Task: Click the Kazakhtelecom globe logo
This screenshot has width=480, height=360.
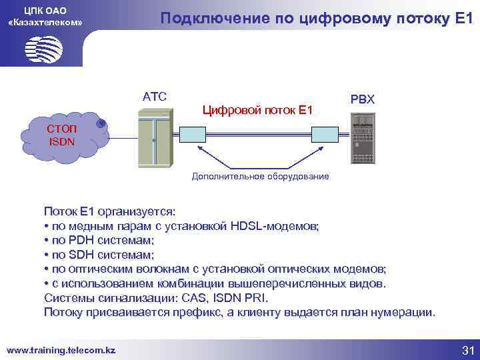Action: coord(43,48)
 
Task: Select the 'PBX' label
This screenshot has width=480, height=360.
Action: coord(363,99)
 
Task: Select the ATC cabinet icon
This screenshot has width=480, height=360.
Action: coord(154,137)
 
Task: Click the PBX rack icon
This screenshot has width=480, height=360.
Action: coord(363,139)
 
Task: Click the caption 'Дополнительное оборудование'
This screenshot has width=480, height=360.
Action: coord(261,177)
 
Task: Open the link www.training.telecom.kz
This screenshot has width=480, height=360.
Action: coord(61,349)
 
